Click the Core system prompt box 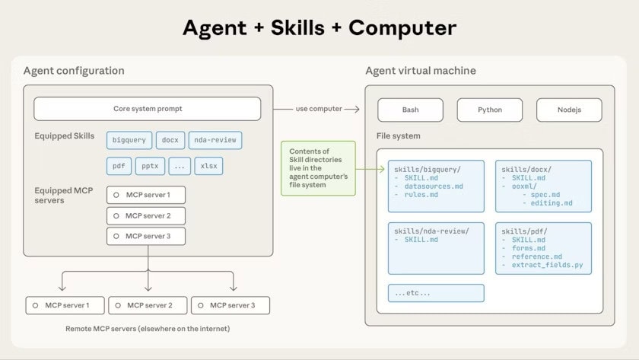(x=147, y=109)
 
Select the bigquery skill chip (x=129, y=140)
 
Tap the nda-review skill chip (x=215, y=140)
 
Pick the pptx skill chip (x=149, y=166)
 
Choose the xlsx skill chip (x=208, y=166)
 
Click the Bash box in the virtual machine (x=410, y=110)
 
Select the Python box (x=489, y=110)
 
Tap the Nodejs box (x=568, y=110)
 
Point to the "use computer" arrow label (x=318, y=109)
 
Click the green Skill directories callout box (x=318, y=167)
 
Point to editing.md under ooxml (x=552, y=203)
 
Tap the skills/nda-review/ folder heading (x=431, y=231)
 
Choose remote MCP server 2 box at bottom (x=148, y=305)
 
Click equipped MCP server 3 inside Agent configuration (x=146, y=236)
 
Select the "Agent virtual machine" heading (x=421, y=71)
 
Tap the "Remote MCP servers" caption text (x=148, y=329)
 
